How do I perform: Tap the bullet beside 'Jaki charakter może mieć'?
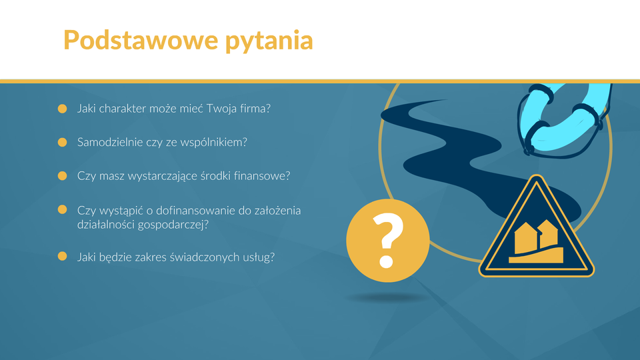click(63, 109)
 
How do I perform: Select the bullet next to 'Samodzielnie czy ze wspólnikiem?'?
click(63, 142)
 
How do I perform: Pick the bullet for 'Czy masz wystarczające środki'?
click(63, 175)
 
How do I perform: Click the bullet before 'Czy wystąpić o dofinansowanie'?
click(63, 209)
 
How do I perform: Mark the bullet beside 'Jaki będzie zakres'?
click(63, 256)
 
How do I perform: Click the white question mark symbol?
click(387, 240)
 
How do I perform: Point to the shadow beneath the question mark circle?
click(387, 298)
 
